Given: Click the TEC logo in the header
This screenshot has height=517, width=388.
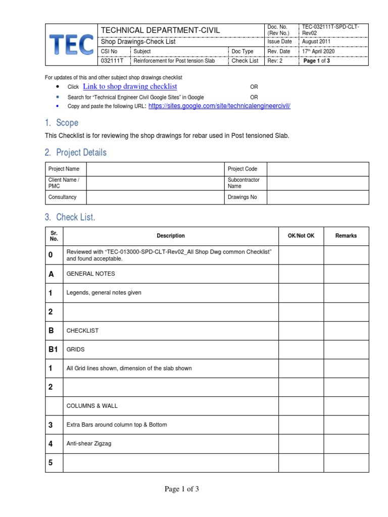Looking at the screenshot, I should (x=71, y=44).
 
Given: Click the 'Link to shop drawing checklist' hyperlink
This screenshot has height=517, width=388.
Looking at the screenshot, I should (x=130, y=87).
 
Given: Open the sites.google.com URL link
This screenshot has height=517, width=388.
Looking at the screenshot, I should (x=219, y=106).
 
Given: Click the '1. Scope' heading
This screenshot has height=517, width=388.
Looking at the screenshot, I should (x=61, y=123).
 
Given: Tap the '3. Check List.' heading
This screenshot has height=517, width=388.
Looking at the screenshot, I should (x=70, y=217).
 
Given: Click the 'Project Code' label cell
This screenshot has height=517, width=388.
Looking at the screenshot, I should (x=243, y=169).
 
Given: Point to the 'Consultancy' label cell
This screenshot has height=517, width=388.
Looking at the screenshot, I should (x=62, y=197).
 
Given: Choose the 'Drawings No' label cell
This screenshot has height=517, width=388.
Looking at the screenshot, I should (x=243, y=197).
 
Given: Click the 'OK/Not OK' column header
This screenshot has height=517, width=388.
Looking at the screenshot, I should (x=301, y=236).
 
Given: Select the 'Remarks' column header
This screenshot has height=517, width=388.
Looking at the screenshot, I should (x=346, y=236).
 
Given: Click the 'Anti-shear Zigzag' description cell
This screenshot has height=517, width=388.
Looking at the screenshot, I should (x=89, y=444).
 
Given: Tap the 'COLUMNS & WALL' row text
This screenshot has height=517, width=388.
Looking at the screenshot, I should (x=92, y=406).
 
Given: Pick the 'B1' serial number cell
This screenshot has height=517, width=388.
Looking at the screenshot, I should (x=54, y=349).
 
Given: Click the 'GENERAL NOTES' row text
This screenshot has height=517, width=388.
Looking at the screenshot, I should (x=90, y=274).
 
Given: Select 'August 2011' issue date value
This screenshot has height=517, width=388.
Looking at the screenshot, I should (x=316, y=42).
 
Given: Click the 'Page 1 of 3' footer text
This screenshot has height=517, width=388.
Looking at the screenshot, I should (x=181, y=489).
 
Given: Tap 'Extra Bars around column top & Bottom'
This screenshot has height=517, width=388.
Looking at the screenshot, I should (x=117, y=425).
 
